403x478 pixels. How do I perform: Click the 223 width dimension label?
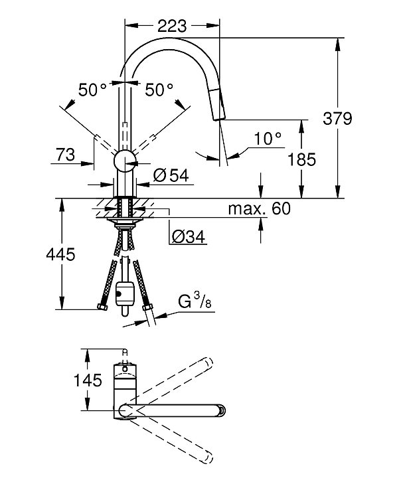point(172,26)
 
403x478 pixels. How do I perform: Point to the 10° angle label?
point(268,139)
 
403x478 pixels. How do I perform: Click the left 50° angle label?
point(92,90)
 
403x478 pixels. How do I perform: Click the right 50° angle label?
point(159,90)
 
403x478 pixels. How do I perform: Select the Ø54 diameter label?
point(171,175)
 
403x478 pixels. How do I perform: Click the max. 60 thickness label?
point(260,209)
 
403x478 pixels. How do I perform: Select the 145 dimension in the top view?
point(88,380)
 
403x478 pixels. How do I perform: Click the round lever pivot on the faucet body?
point(124,161)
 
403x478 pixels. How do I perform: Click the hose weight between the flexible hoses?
point(124,294)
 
